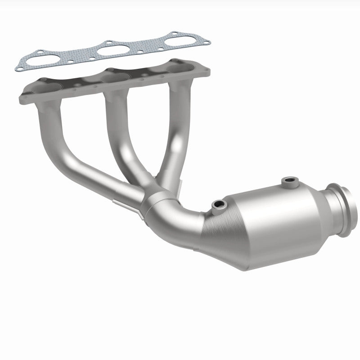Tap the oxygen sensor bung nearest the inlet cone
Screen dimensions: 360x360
(x=219, y=205)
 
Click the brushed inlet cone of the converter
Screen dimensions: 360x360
(x=220, y=234)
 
